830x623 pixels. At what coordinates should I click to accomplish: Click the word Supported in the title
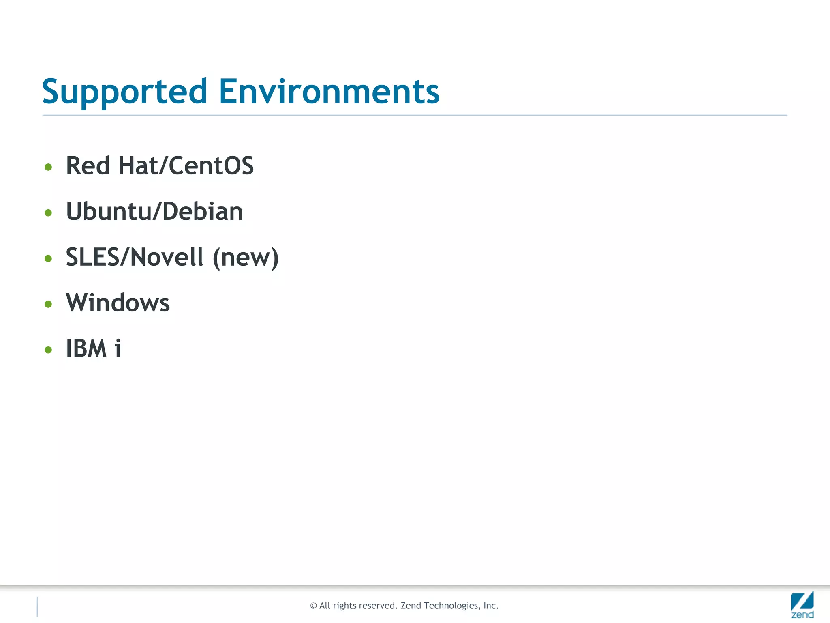(125, 92)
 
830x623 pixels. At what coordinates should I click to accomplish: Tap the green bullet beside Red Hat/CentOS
(48, 167)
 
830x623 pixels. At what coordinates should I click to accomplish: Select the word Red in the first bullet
(88, 166)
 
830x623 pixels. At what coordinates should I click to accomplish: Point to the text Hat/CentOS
(186, 166)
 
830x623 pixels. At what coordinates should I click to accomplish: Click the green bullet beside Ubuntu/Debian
(48, 213)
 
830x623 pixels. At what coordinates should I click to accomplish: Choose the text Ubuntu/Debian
(154, 212)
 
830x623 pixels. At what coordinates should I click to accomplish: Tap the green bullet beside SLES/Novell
(48, 258)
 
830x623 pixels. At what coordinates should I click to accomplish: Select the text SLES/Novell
(135, 257)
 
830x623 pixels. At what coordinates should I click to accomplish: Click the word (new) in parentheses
(246, 258)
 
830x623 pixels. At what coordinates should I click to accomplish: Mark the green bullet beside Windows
(48, 304)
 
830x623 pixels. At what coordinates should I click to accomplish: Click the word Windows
(118, 303)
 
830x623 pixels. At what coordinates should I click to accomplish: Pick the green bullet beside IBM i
(48, 350)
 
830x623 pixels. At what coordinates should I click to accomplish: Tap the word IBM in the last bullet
(86, 348)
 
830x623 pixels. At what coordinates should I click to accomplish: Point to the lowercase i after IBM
(118, 348)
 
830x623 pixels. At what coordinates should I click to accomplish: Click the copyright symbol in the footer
(313, 606)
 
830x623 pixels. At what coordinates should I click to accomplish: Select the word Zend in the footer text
(411, 606)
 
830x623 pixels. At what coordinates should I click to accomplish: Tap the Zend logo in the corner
(802, 605)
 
